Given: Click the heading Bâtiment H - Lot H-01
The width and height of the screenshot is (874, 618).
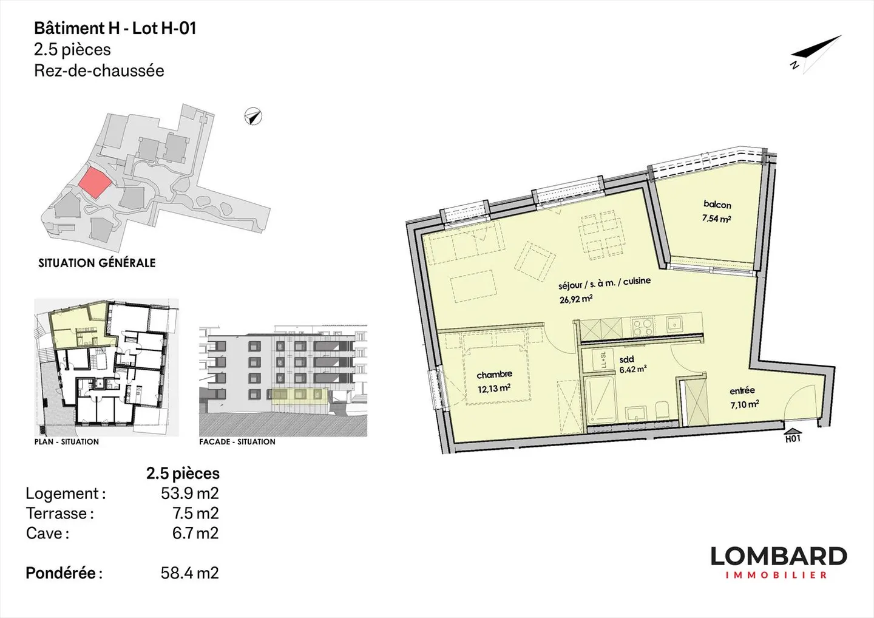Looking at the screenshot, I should click(115, 29).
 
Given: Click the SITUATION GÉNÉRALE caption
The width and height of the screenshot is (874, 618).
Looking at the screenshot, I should click(97, 263).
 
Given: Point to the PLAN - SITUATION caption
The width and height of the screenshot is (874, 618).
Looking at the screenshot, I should click(67, 442).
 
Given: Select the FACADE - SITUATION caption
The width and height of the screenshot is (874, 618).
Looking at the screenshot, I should click(237, 442).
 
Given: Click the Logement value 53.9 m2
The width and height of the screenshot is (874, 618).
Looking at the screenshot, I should click(189, 493).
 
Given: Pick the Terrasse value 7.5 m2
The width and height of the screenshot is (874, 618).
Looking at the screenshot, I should click(195, 513).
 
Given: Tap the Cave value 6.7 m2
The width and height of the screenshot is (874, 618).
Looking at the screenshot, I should click(195, 533).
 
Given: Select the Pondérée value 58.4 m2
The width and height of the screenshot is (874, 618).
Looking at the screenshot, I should click(189, 572).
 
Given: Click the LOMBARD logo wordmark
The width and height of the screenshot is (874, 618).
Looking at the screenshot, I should click(778, 556).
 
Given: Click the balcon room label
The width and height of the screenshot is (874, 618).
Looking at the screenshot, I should click(717, 205).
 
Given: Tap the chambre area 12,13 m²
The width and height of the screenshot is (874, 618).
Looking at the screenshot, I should click(493, 389).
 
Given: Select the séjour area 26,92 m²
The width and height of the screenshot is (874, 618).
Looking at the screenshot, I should click(576, 299).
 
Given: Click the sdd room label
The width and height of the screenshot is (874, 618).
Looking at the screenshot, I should click(626, 359).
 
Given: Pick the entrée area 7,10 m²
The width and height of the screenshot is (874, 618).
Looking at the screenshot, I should click(744, 404).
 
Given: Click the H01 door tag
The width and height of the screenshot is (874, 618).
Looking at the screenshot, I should click(793, 438).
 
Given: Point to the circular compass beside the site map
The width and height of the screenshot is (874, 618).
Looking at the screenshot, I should click(253, 116).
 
